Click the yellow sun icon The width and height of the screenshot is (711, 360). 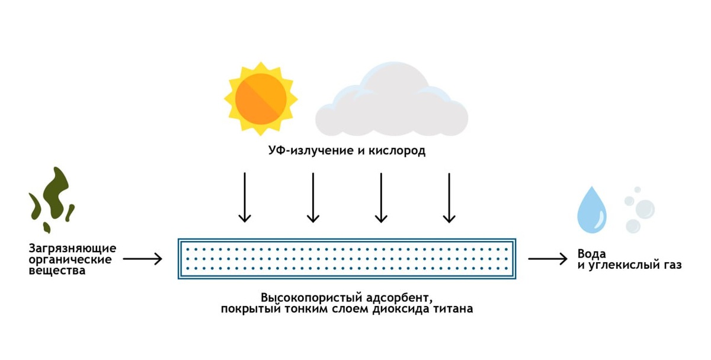(261, 98)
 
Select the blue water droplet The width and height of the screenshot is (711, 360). (592, 210)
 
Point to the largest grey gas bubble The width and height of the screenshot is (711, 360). (644, 208)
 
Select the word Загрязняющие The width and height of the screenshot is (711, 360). (72, 248)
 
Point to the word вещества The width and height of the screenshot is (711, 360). (57, 271)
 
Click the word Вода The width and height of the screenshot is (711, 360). (593, 254)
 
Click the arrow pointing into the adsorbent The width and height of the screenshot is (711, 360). (142, 259)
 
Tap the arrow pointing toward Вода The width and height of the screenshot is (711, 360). (548, 259)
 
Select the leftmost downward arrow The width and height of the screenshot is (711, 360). (244, 198)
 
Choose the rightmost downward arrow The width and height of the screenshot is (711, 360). (449, 198)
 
